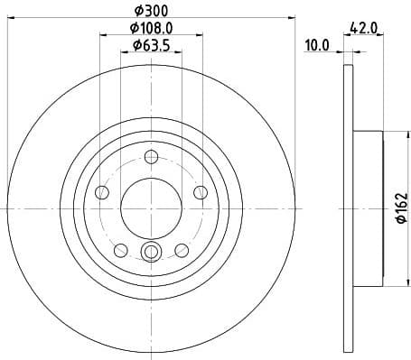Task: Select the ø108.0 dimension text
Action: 152,28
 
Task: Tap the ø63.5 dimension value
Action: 152,45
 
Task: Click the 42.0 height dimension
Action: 365,28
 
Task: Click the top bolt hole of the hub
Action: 151,158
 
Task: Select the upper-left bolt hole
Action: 102,192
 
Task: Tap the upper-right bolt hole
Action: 200,192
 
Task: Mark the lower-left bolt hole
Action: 121,250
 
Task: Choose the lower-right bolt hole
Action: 182,250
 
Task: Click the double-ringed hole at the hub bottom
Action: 151,252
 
